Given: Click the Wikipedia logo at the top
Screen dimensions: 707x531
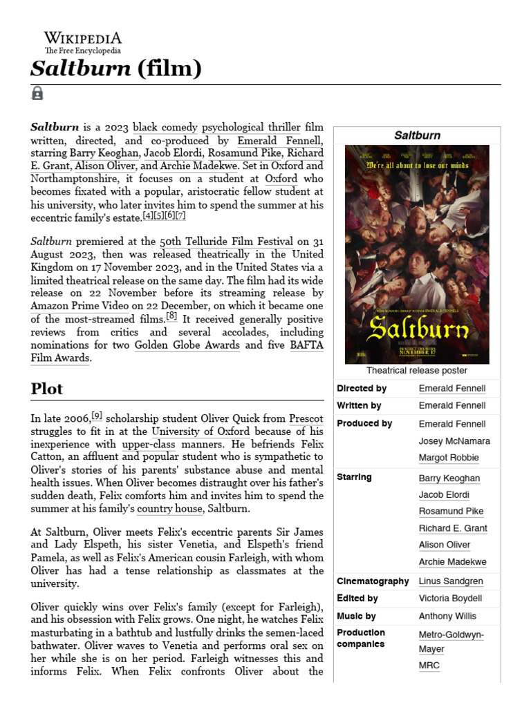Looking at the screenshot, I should pyautogui.click(x=82, y=42).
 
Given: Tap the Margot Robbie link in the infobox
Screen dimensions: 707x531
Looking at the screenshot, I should pyautogui.click(x=449, y=458).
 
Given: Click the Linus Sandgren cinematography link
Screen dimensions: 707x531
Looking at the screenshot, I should pyautogui.click(x=451, y=581).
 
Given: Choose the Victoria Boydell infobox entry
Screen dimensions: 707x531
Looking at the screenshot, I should pyautogui.click(x=450, y=599).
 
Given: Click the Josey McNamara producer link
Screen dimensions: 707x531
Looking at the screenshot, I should pyautogui.click(x=454, y=440).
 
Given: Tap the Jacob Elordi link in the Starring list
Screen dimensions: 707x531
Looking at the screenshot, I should pyautogui.click(x=444, y=494).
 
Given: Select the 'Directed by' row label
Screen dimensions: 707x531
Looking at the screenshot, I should pyautogui.click(x=362, y=389).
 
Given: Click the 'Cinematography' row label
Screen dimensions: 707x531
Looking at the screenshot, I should pyautogui.click(x=373, y=581).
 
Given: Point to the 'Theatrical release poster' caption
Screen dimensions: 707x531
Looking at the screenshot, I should pyautogui.click(x=417, y=371).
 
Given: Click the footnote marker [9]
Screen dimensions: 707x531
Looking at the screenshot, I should pyautogui.click(x=97, y=416).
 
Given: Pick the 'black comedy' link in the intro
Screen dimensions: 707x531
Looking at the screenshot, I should pyautogui.click(x=165, y=127).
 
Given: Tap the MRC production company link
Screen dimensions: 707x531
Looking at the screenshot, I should pyautogui.click(x=429, y=666).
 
